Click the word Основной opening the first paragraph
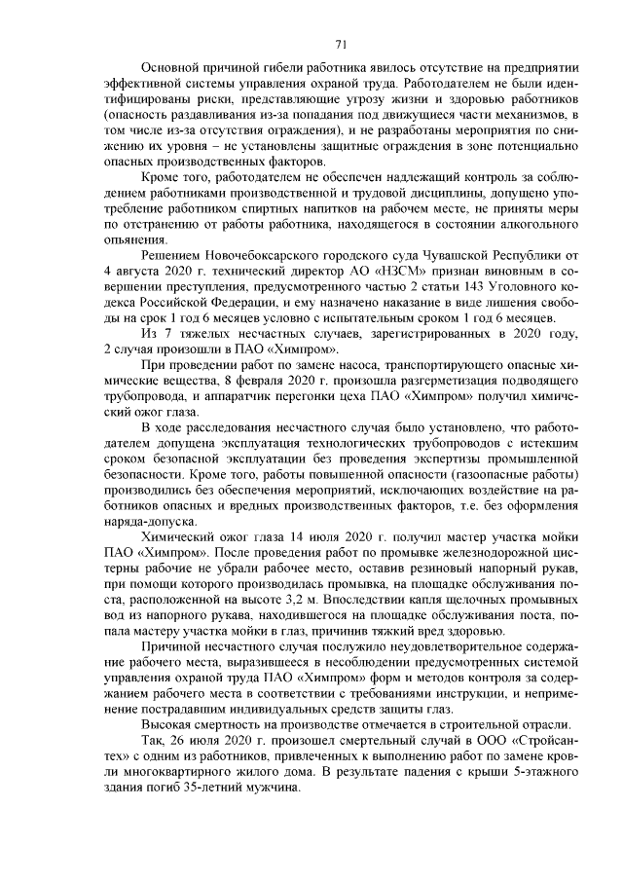[172, 67]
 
